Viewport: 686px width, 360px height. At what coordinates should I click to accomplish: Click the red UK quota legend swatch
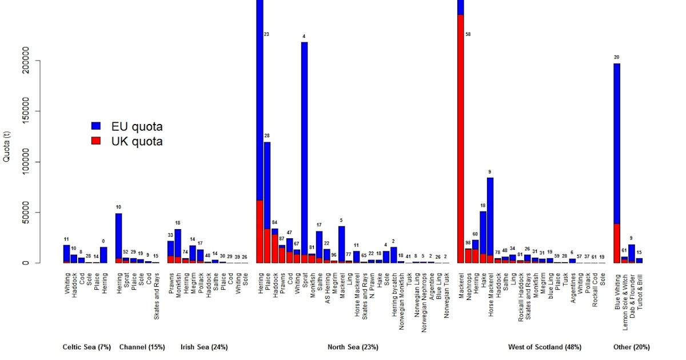coord(96,141)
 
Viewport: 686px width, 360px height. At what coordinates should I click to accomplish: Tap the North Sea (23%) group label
coord(353,347)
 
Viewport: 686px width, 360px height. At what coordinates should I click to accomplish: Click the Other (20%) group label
coord(631,347)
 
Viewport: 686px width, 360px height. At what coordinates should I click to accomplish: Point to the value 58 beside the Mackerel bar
coord(468,35)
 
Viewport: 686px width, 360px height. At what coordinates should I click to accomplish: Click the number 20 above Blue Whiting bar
coord(616,57)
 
